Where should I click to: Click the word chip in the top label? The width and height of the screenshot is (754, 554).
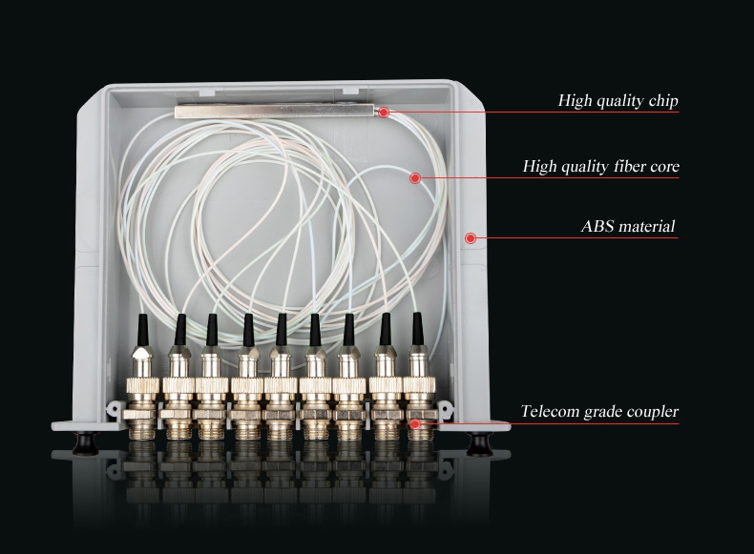663,101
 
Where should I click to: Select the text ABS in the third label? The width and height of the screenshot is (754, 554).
596,226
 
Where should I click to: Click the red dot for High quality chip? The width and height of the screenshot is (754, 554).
384,113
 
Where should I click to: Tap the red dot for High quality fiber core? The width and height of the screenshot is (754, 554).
415,178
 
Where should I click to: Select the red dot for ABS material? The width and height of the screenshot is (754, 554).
471,237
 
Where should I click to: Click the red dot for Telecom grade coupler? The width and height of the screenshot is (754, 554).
415,423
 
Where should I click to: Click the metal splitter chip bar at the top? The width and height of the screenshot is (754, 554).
274,112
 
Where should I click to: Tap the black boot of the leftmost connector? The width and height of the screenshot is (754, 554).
143,330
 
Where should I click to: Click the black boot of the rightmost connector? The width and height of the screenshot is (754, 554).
417,329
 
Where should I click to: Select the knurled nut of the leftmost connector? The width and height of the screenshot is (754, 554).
143,385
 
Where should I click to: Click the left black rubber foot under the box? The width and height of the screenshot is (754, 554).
86,443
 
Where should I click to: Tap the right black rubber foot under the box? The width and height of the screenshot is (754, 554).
479,443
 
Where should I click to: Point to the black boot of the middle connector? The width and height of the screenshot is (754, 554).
282,330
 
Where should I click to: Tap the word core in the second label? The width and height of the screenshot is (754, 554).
664,167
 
